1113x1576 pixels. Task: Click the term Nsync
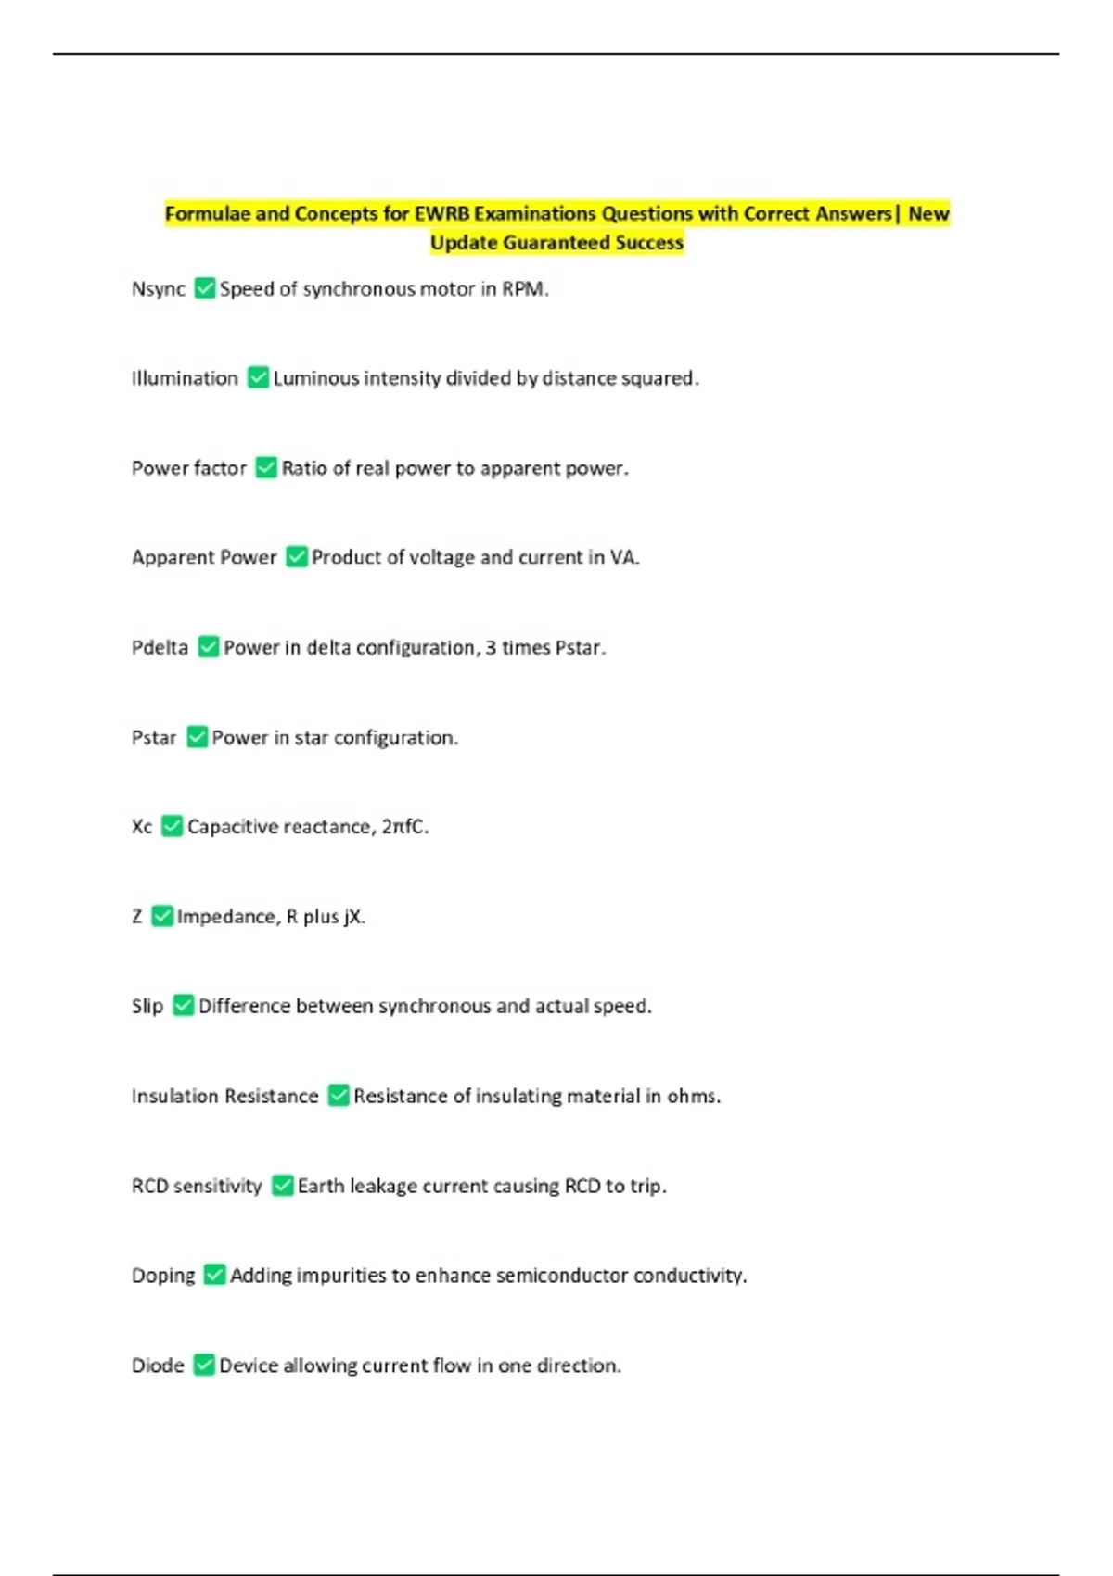click(159, 289)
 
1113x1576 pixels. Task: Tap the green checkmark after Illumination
click(258, 378)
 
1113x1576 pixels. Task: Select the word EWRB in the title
click(441, 214)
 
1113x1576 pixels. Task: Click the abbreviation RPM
click(523, 289)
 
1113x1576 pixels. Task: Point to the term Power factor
click(189, 468)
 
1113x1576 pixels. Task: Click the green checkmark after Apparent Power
click(296, 557)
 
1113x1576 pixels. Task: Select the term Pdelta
click(160, 647)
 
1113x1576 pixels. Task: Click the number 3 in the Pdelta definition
click(491, 647)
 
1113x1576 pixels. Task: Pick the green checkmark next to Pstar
click(197, 737)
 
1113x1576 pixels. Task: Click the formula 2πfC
click(403, 827)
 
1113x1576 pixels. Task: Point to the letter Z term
click(137, 917)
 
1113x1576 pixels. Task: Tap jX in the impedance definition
click(352, 917)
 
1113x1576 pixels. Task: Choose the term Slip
click(147, 1006)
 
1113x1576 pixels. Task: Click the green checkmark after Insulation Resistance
click(339, 1096)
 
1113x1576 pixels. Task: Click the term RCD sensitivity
click(197, 1186)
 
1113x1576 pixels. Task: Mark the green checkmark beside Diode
click(203, 1366)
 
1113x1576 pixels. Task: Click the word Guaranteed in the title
click(556, 243)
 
